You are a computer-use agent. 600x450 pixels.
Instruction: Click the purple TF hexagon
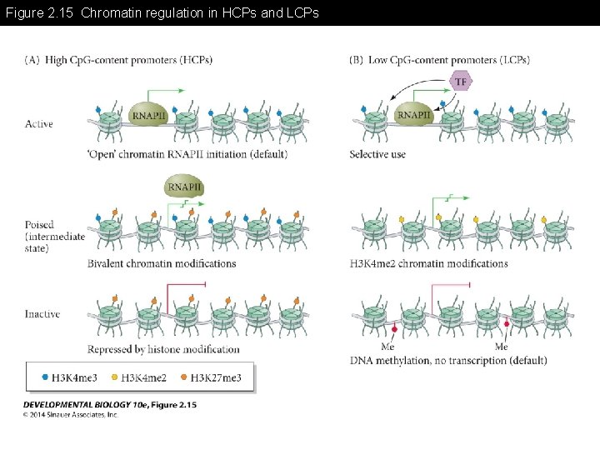tap(461, 81)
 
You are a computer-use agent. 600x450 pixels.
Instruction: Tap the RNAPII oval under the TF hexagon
tap(414, 114)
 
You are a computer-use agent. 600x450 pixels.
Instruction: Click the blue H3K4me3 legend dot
tap(45, 377)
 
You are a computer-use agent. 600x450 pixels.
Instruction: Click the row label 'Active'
tap(39, 124)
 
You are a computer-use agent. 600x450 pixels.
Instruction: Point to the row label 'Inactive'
tap(42, 314)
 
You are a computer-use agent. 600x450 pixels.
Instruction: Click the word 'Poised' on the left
tap(40, 225)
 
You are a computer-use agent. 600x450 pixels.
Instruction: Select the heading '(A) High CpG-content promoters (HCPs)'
tap(118, 60)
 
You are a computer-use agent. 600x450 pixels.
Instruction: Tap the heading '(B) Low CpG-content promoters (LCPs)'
tap(439, 60)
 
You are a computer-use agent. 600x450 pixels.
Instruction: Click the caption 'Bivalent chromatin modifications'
tap(162, 263)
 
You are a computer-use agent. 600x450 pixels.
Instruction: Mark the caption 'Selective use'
tap(377, 154)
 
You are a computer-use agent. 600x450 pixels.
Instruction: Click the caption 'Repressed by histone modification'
tap(163, 349)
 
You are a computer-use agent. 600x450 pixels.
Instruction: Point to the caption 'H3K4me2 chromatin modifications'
tap(428, 263)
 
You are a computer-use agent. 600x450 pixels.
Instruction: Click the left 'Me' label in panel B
tap(387, 347)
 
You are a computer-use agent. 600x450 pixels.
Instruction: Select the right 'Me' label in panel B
tap(501, 347)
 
